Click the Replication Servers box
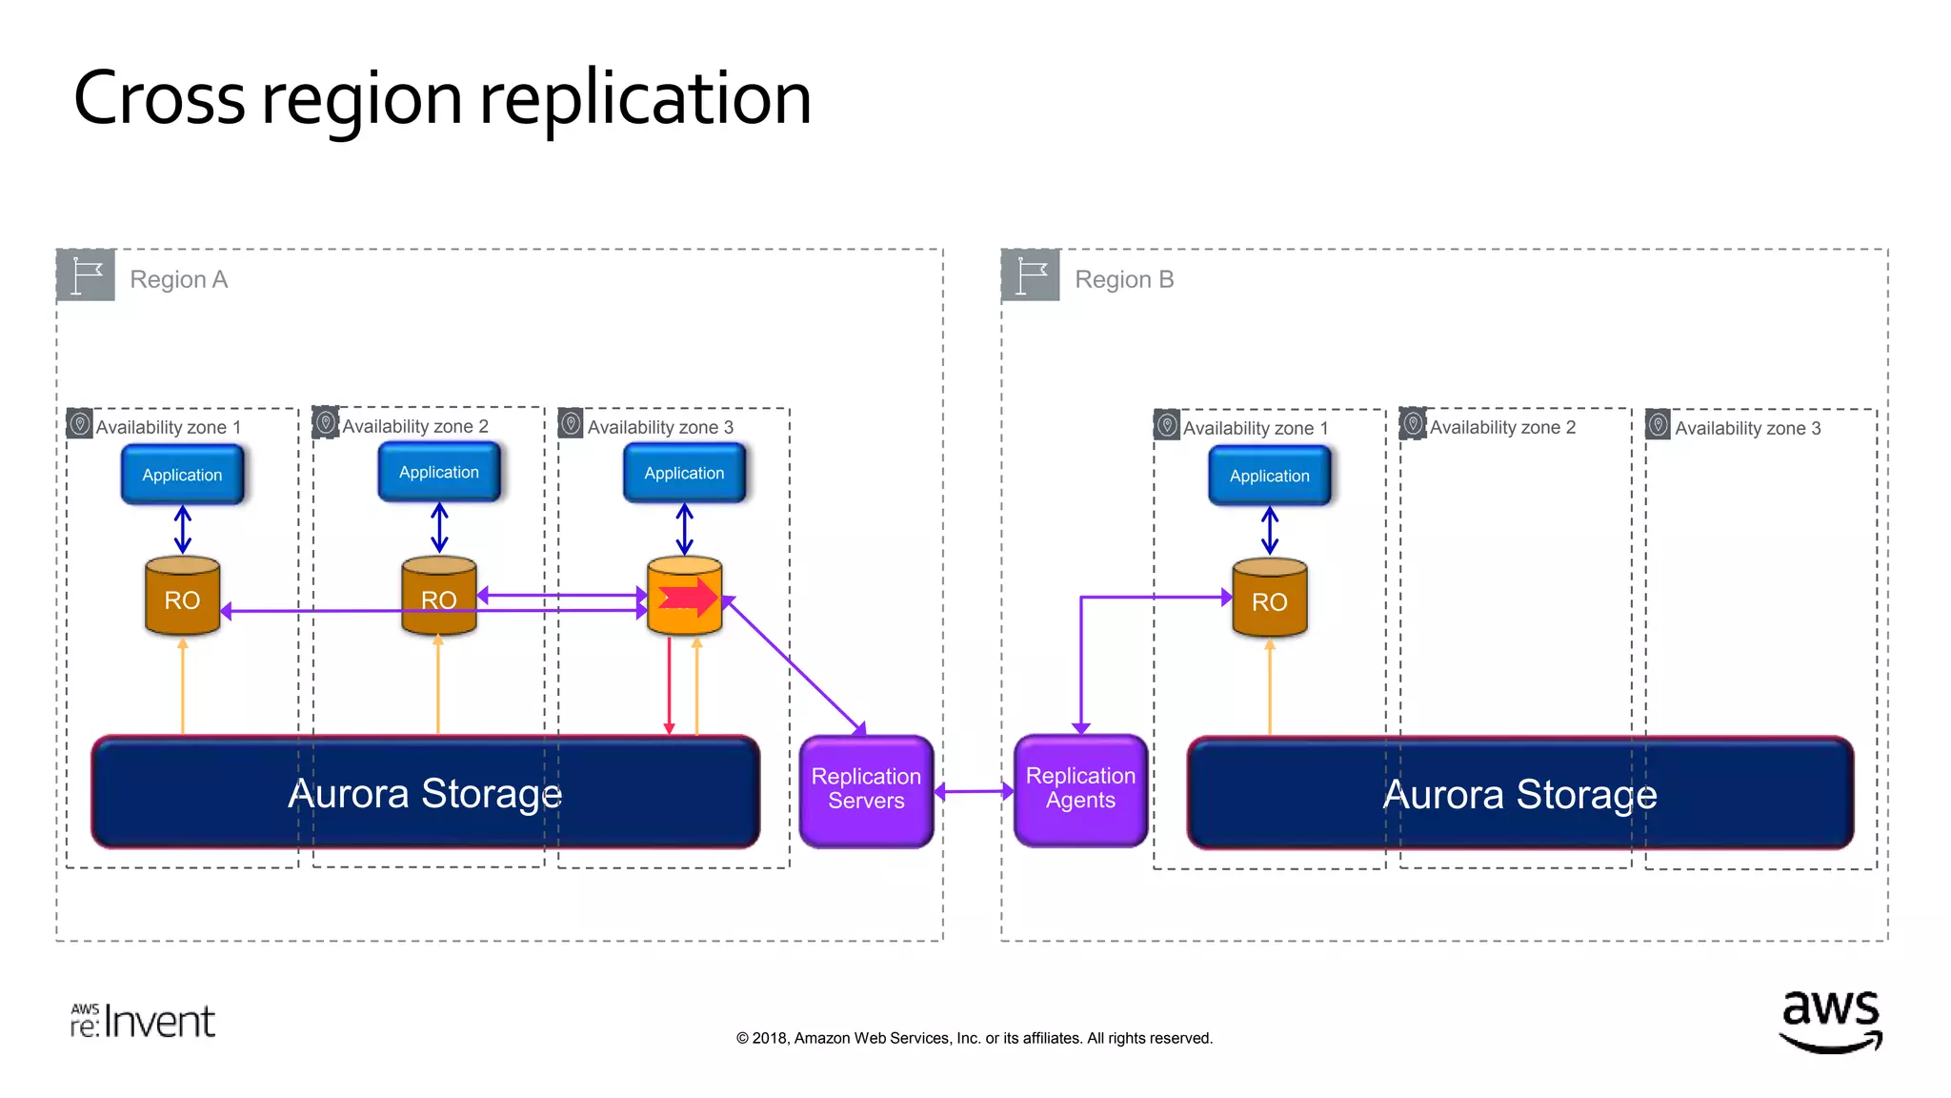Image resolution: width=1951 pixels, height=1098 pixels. (866, 789)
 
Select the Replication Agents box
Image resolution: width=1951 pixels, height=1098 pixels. (1080, 788)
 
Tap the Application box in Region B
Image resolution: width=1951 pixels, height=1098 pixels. (1269, 476)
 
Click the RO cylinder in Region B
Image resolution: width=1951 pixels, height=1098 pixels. (1269, 600)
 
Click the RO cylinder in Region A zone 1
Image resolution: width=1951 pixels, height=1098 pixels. (182, 598)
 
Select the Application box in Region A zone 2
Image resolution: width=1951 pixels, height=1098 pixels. (438, 473)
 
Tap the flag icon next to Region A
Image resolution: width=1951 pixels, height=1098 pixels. (87, 276)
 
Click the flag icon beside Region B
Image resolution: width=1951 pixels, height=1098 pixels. (1031, 276)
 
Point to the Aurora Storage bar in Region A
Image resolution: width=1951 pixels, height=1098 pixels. (425, 792)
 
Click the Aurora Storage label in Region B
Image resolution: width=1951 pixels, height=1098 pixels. (1519, 794)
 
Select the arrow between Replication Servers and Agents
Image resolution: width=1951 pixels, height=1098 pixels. (974, 790)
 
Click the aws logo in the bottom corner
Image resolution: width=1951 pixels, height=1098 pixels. (1830, 1020)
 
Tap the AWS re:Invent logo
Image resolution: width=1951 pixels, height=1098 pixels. (143, 1021)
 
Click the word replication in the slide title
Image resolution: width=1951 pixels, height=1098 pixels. (645, 99)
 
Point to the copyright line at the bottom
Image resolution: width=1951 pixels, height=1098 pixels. (974, 1038)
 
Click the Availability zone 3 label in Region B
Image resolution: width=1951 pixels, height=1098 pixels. (1746, 428)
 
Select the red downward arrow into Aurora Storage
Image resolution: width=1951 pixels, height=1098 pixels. (669, 686)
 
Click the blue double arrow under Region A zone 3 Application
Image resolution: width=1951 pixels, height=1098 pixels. (684, 529)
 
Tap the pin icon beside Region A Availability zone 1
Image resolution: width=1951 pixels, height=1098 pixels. (80, 422)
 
